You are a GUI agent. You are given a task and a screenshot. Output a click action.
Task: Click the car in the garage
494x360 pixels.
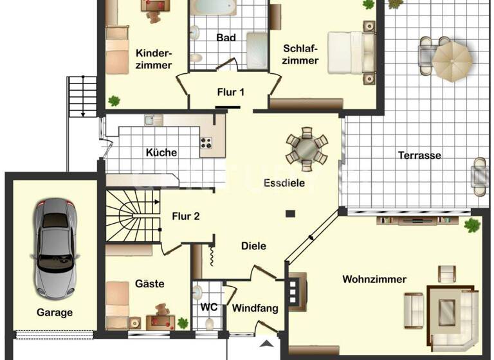tap(55, 247)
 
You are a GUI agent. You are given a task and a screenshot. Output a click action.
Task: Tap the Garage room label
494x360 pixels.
tap(54, 313)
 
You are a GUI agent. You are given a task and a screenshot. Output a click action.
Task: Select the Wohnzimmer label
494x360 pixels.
tap(374, 280)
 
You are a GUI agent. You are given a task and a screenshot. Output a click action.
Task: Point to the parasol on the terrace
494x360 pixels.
tap(452, 60)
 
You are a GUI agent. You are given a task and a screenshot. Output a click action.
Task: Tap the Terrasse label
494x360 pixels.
tap(419, 156)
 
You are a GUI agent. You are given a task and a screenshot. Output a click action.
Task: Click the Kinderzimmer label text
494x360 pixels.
tap(154, 59)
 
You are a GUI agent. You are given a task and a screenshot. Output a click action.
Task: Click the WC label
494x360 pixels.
tap(208, 307)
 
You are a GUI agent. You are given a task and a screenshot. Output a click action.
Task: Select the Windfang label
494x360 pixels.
tap(255, 309)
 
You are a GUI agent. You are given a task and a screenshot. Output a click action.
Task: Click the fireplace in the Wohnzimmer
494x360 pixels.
tap(297, 291)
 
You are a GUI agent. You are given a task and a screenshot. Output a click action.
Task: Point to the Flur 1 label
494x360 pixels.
tap(230, 93)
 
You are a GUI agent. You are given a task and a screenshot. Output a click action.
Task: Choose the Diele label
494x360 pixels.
tap(253, 246)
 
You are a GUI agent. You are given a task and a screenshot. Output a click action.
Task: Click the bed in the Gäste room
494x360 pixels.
tap(118, 303)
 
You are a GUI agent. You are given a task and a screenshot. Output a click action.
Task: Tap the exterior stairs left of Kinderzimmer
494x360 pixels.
tap(82, 96)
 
